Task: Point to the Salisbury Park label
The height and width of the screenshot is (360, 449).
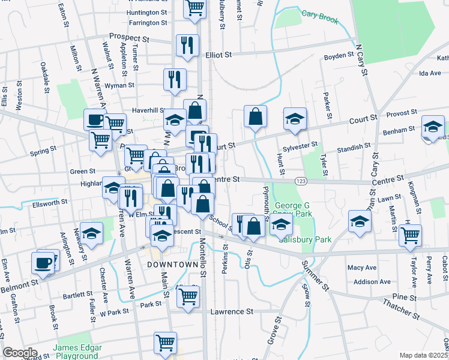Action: pyautogui.click(x=306, y=239)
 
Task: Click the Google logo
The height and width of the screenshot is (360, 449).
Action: pyautogui.click(x=20, y=353)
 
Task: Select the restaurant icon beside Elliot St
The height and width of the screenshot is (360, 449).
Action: pyautogui.click(x=187, y=45)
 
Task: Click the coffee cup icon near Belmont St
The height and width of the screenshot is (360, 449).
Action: pyautogui.click(x=44, y=262)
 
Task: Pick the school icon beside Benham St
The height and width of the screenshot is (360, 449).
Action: pyautogui.click(x=433, y=127)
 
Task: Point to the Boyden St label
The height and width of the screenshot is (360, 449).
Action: pyautogui.click(x=339, y=55)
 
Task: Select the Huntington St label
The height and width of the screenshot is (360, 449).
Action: pyautogui.click(x=147, y=11)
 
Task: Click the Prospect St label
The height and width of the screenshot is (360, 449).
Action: pyautogui.click(x=128, y=36)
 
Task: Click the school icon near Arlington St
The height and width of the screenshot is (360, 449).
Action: pyautogui.click(x=91, y=233)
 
